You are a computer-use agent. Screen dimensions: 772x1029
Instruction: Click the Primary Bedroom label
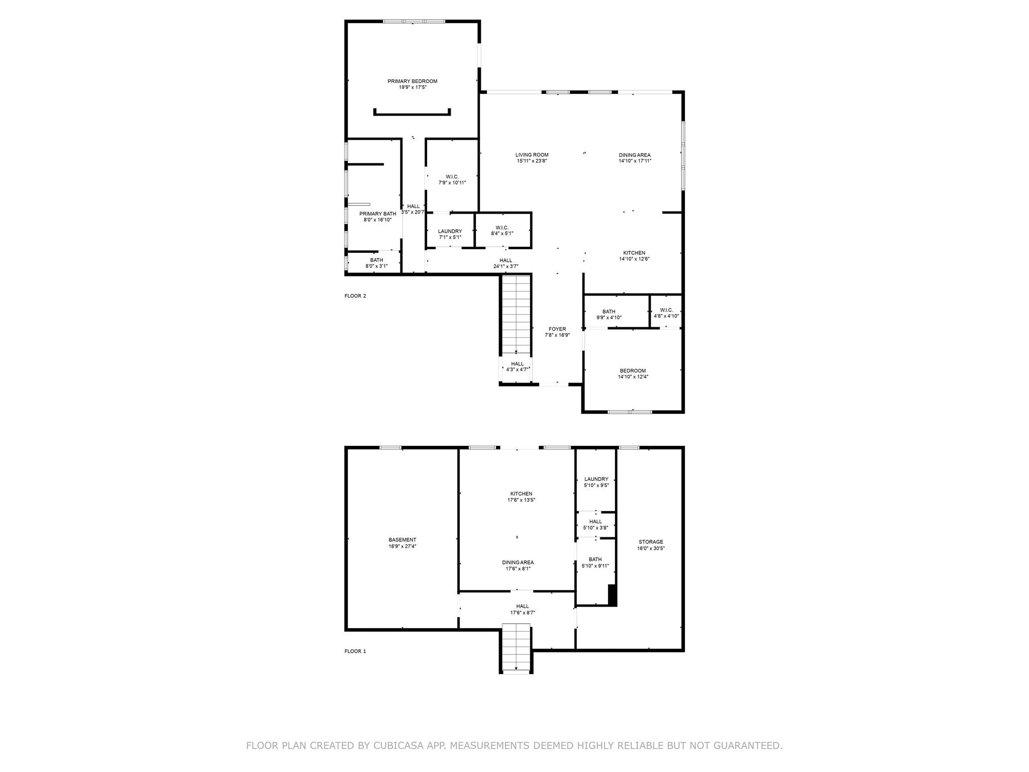click(412, 81)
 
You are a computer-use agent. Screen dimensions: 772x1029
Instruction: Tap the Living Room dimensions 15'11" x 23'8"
click(532, 161)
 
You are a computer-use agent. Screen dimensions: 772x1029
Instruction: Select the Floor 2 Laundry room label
click(450, 231)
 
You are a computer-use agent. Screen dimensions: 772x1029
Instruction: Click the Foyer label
click(557, 329)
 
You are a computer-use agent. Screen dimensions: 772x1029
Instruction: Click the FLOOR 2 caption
click(355, 296)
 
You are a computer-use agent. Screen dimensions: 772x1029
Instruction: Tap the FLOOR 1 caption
click(355, 651)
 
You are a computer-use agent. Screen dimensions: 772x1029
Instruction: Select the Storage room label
click(651, 542)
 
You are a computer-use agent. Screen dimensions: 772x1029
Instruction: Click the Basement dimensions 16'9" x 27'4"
click(402, 546)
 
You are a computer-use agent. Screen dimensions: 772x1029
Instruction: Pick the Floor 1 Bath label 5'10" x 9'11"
click(595, 559)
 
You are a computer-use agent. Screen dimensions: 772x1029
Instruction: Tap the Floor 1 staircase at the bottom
click(516, 648)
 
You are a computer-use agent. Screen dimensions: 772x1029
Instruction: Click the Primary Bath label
click(377, 214)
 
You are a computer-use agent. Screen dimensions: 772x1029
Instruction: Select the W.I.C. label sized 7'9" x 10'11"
click(452, 177)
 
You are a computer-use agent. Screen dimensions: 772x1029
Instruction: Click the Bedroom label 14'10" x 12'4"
click(633, 370)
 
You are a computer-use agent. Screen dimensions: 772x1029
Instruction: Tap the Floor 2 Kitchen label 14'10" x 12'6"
click(634, 253)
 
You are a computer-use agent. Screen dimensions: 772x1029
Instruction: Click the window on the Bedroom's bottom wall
click(630, 412)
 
